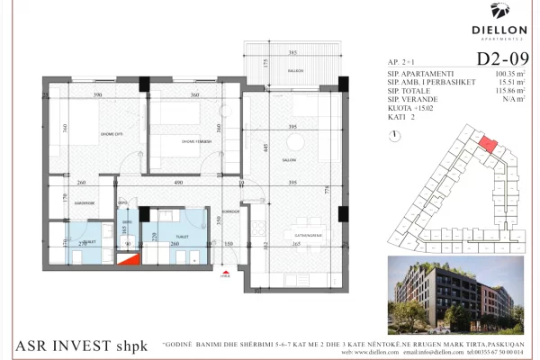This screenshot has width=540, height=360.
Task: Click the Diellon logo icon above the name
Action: tap(500, 10)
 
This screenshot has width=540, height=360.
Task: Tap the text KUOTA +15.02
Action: tap(406, 110)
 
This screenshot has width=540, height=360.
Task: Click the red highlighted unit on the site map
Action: tap(486, 144)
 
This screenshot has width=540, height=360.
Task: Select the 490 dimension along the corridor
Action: tap(178, 184)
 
